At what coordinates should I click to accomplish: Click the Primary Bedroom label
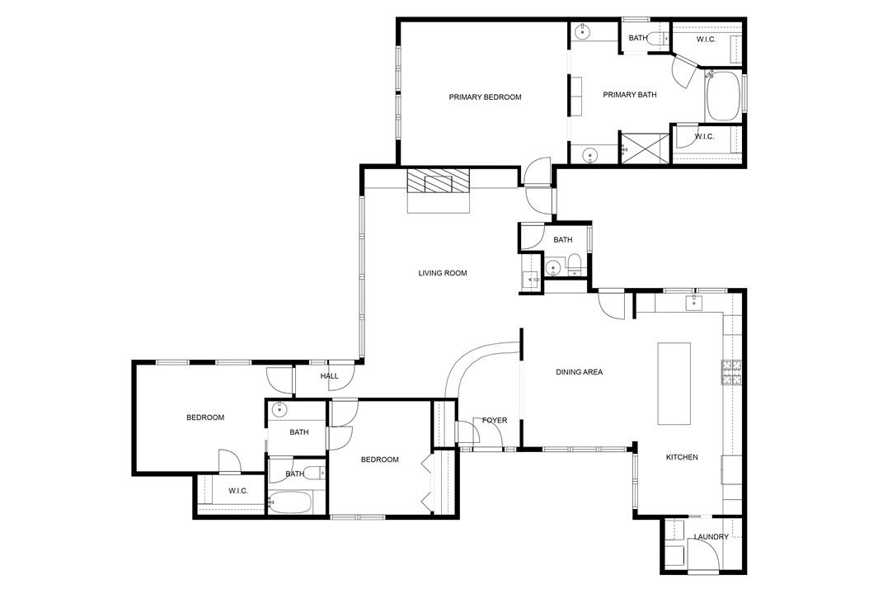[x=485, y=97]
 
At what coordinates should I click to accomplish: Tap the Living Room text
[x=443, y=273]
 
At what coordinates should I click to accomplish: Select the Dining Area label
[x=579, y=372]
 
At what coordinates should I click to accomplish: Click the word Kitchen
[x=682, y=457]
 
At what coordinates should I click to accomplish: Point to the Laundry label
[x=711, y=537]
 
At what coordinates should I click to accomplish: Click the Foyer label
[x=495, y=420]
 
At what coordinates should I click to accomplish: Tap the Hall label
[x=329, y=376]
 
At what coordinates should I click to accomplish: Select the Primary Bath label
[x=629, y=95]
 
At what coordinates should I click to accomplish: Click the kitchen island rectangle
[x=674, y=384]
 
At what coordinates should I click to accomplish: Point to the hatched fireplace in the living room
[x=438, y=182]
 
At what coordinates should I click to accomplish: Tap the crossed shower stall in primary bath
[x=646, y=148]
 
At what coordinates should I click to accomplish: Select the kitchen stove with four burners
[x=731, y=373]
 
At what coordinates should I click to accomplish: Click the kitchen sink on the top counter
[x=694, y=303]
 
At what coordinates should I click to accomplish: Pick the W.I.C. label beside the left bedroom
[x=238, y=491]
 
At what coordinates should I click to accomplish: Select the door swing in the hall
[x=341, y=373]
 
